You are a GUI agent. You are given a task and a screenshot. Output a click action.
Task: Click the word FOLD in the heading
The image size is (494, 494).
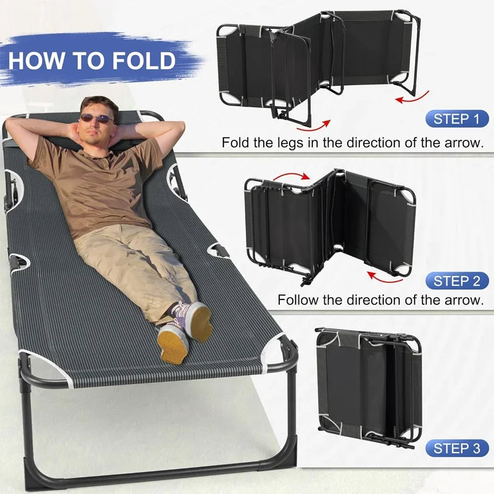[144, 61]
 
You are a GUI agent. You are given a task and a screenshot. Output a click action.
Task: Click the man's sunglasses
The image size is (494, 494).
[96, 117]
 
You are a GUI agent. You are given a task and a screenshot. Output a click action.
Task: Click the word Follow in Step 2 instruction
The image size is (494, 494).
[299, 301]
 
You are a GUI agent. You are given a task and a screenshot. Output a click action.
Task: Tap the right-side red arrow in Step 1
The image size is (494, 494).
[412, 98]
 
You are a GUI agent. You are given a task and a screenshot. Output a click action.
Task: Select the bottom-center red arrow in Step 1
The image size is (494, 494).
[314, 125]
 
